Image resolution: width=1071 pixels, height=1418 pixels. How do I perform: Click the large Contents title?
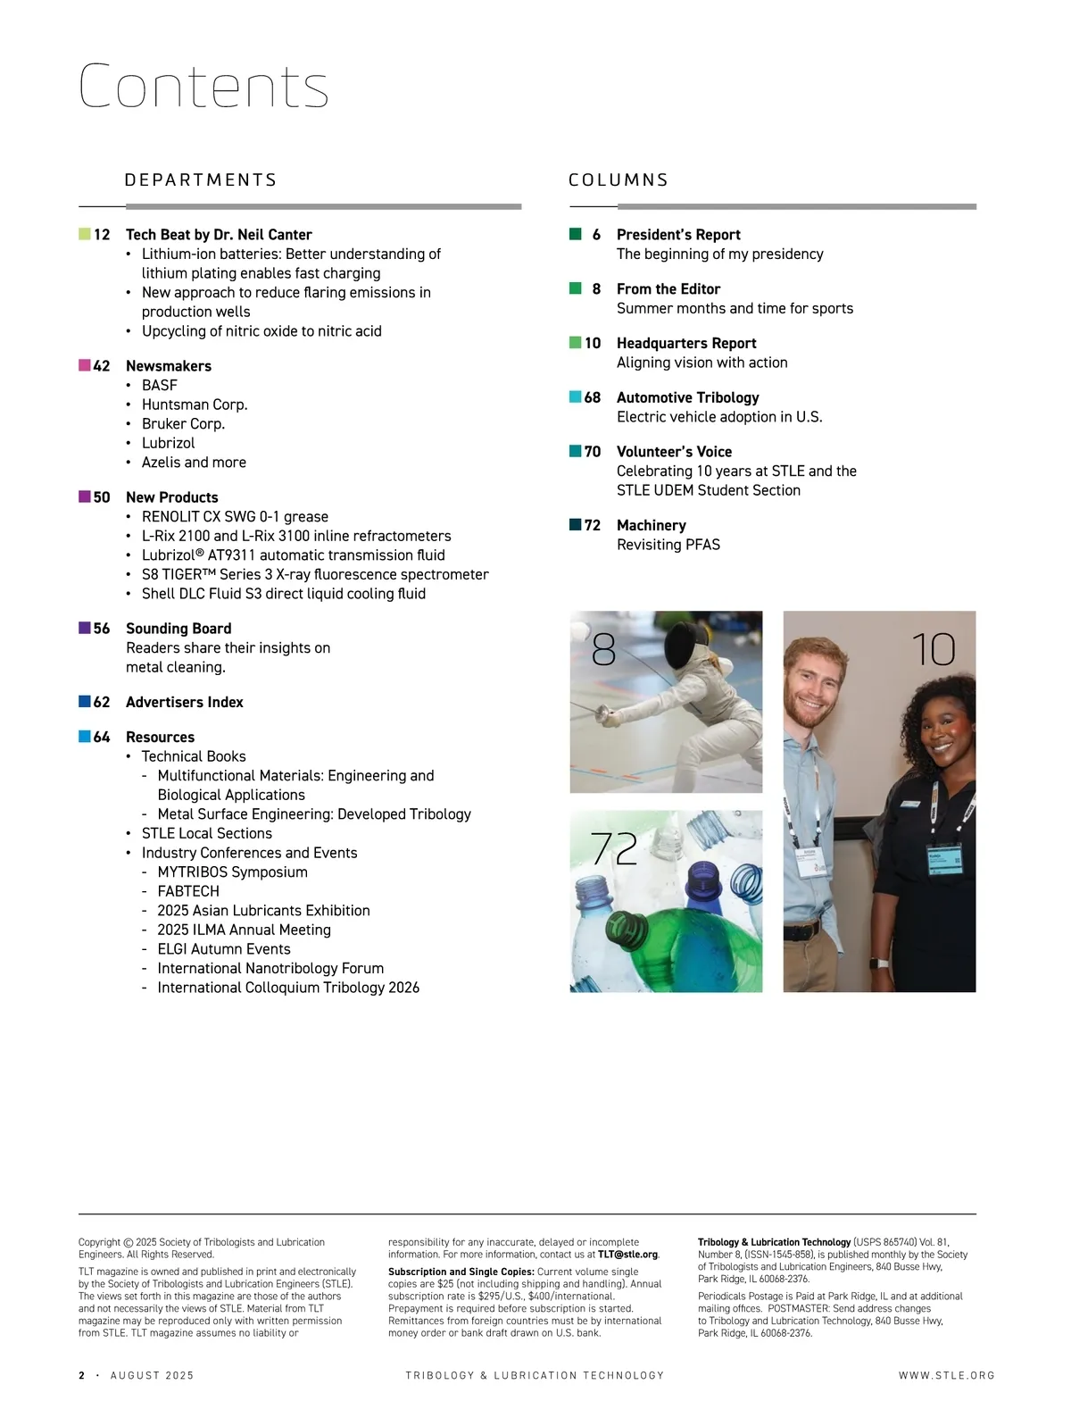coord(203,87)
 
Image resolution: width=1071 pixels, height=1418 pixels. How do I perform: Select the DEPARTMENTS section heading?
coord(201,180)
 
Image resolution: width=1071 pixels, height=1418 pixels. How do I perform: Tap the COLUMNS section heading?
coord(619,180)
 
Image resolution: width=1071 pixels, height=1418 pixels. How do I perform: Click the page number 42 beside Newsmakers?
coord(102,366)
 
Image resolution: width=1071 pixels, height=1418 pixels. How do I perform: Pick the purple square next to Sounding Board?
coord(85,628)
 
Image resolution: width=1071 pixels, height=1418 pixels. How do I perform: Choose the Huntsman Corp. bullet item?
coord(195,405)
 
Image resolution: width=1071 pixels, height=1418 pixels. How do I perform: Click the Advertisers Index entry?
coord(185,703)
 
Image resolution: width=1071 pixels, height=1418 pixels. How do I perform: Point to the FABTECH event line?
coord(188,891)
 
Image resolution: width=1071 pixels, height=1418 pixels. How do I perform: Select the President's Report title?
coord(678,235)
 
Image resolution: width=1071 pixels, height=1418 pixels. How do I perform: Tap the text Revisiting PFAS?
coord(668,545)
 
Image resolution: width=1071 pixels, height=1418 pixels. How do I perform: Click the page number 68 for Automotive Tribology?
coord(593,398)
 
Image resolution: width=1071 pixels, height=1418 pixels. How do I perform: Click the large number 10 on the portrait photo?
coord(934,650)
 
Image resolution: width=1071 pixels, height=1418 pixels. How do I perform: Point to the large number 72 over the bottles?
coord(614,848)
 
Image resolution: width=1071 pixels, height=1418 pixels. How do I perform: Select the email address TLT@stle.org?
coord(627,1255)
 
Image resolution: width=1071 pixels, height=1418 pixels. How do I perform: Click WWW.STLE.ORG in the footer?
coord(946,1376)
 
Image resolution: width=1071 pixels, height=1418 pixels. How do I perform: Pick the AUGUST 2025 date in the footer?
coord(152,1376)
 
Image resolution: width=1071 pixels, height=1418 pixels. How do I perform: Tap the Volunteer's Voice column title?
coord(674,452)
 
